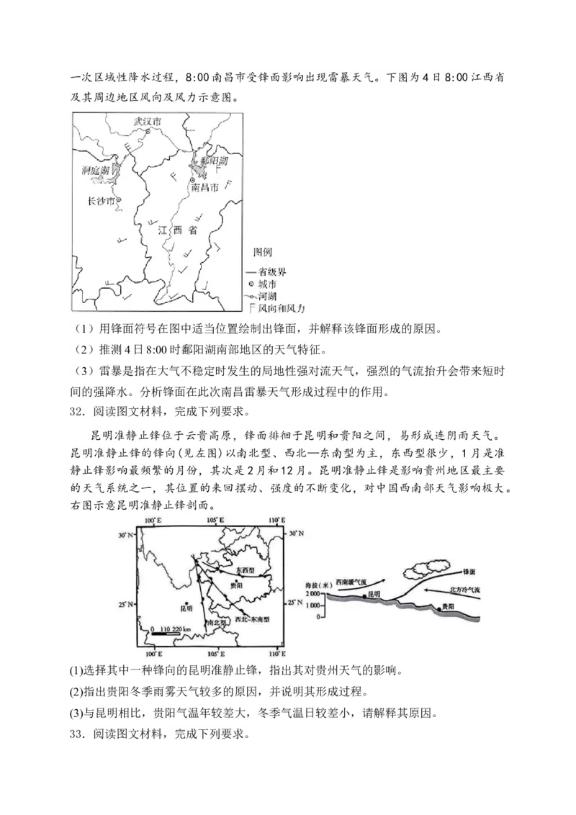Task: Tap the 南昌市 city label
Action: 204,187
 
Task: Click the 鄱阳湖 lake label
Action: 215,161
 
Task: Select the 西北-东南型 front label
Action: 247,619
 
